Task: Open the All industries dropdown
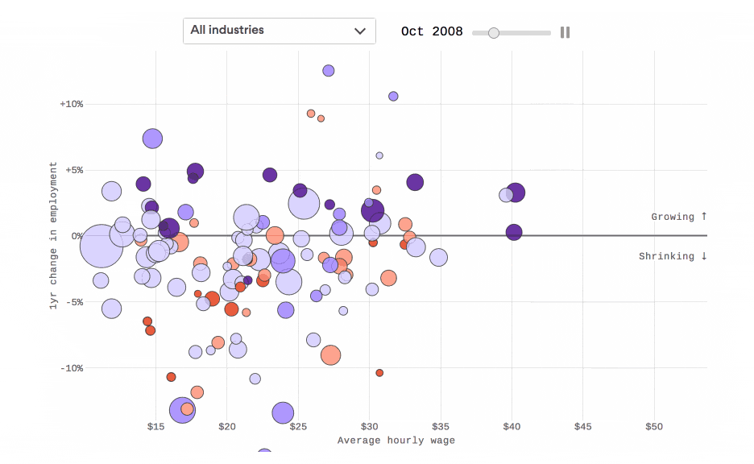[279, 31]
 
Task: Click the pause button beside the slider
[565, 32]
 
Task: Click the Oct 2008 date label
[432, 31]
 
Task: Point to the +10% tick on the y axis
[71, 104]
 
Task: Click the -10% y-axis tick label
[71, 368]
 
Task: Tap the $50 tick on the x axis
[653, 426]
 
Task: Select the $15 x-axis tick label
[155, 426]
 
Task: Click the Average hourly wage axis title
[396, 441]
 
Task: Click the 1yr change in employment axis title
[54, 235]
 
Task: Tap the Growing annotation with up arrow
[678, 217]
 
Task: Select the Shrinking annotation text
[673, 256]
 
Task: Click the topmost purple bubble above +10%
[328, 71]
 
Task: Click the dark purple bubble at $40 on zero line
[514, 232]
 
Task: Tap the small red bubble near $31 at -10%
[379, 373]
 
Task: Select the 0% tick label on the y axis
[76, 236]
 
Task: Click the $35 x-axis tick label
[440, 426]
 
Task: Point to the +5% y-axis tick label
[73, 170]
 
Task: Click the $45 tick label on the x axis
[582, 426]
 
